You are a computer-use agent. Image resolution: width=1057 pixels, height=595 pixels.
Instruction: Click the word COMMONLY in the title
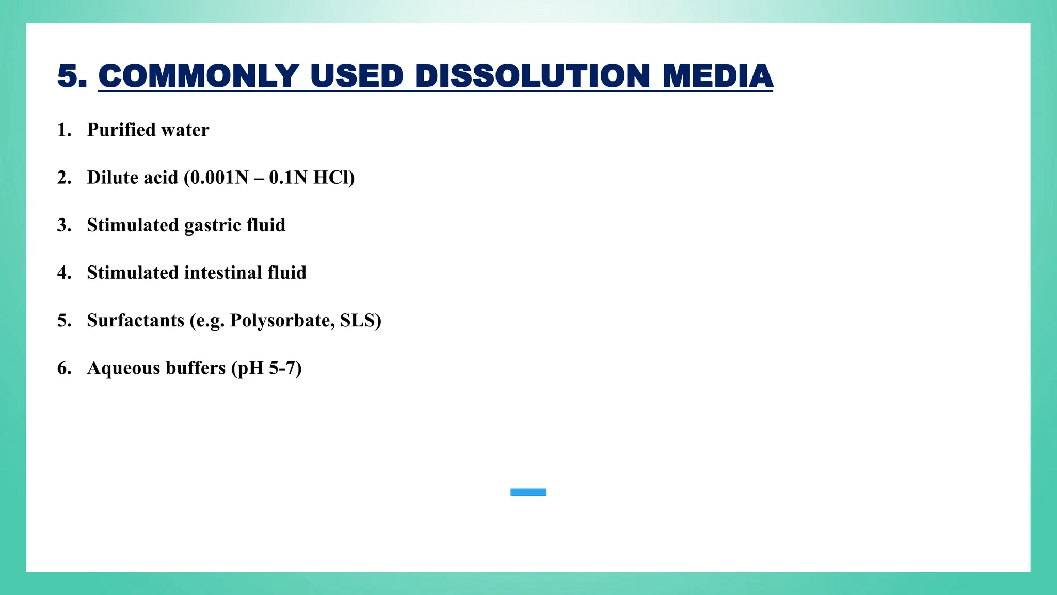pyautogui.click(x=199, y=76)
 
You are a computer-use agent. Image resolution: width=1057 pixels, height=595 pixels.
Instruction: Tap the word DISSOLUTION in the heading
pyautogui.click(x=532, y=76)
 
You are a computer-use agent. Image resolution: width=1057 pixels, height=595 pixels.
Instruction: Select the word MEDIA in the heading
pyautogui.click(x=717, y=76)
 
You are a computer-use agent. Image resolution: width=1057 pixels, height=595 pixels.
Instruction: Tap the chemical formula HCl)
pyautogui.click(x=334, y=178)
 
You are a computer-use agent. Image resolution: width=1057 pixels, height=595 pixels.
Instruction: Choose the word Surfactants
pyautogui.click(x=135, y=320)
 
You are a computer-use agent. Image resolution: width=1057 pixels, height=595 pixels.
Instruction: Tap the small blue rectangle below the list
pyautogui.click(x=528, y=492)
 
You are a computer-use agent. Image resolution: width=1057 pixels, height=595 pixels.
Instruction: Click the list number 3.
pyautogui.click(x=64, y=225)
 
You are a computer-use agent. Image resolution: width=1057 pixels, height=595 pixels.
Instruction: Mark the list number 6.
pyautogui.click(x=64, y=368)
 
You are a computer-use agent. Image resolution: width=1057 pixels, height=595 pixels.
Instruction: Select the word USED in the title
pyautogui.click(x=357, y=76)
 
